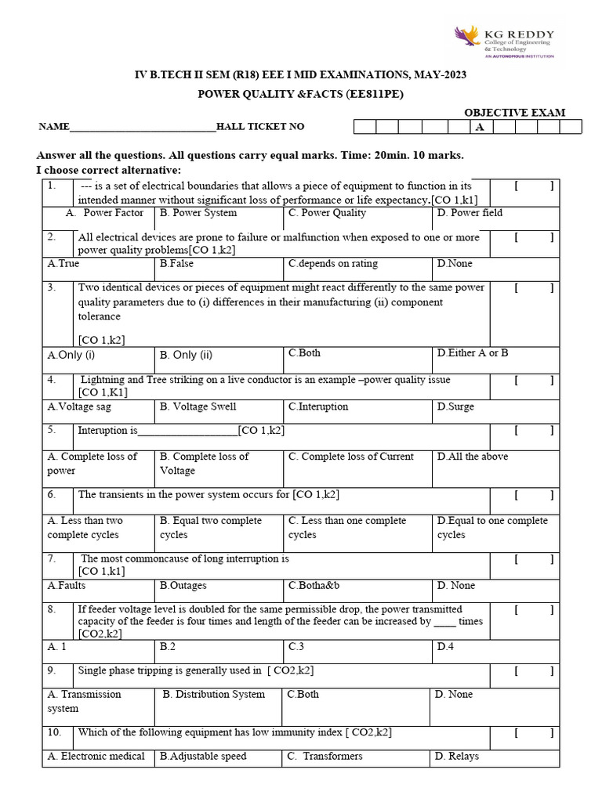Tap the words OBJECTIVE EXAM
point(514,113)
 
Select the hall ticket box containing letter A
point(481,127)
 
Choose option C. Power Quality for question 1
point(327,213)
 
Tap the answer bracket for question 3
point(535,288)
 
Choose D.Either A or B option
point(473,353)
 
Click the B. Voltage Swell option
point(198,407)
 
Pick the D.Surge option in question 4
point(455,407)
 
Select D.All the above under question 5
point(473,457)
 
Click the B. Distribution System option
point(214,695)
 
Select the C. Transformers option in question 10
point(325,757)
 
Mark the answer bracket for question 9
point(535,671)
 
